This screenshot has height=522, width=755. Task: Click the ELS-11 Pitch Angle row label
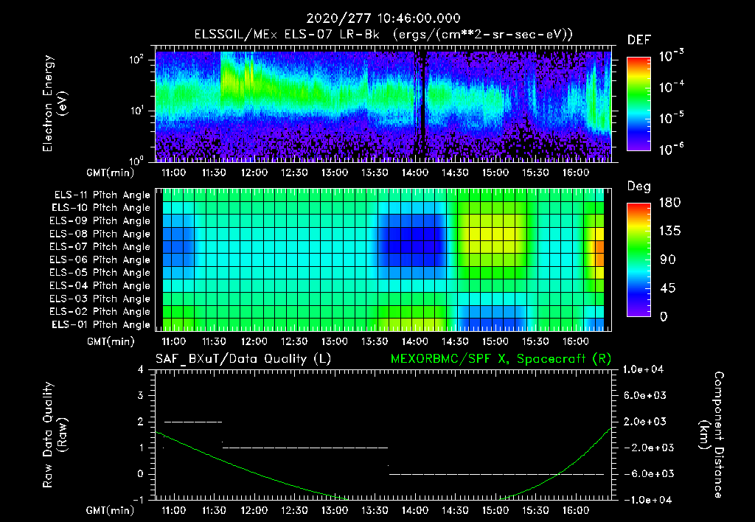tap(102, 195)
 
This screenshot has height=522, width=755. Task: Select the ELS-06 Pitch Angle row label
tap(102, 260)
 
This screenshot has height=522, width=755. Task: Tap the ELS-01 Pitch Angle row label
tap(102, 324)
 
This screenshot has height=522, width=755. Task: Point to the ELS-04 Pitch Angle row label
tap(102, 285)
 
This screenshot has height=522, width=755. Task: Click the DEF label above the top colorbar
tap(639, 40)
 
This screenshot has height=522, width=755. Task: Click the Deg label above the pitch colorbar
tap(639, 187)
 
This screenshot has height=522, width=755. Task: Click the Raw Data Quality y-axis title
tap(55, 435)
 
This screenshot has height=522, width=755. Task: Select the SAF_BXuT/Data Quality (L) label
tap(243, 358)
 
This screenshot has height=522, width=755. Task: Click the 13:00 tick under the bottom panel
tap(335, 510)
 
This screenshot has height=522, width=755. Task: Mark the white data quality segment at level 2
tap(193, 422)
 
